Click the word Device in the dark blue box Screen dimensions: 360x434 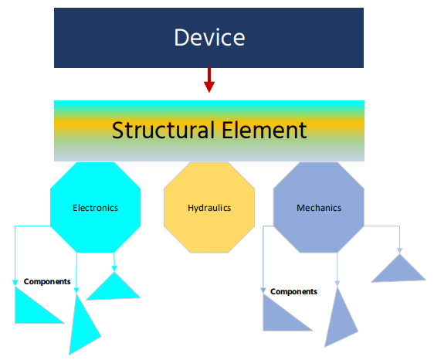tap(209, 37)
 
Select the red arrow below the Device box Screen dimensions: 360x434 tap(209, 81)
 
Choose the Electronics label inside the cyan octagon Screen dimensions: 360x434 tap(96, 208)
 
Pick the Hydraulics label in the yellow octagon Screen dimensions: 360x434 tap(209, 208)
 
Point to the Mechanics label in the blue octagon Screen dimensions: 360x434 tap(319, 208)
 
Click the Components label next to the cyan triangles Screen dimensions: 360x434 tap(47, 281)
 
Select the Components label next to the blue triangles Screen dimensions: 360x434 tap(293, 291)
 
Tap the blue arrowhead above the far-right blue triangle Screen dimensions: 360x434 tap(399, 250)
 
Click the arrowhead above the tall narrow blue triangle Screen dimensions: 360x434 tap(337, 283)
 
